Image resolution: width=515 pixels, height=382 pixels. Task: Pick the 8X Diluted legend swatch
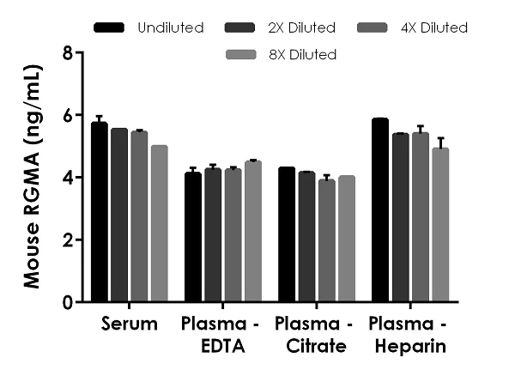pyautogui.click(x=242, y=54)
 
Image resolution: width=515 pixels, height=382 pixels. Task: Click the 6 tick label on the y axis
pyautogui.click(x=66, y=116)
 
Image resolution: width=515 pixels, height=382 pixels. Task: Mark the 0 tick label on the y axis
pyautogui.click(x=66, y=303)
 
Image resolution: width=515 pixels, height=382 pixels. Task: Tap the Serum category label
pyautogui.click(x=129, y=324)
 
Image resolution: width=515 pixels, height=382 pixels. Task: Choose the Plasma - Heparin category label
pyautogui.click(x=409, y=335)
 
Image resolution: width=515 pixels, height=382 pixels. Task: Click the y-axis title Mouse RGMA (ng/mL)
pyautogui.click(x=34, y=178)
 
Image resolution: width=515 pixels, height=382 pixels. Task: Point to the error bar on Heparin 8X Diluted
pyautogui.click(x=439, y=142)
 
